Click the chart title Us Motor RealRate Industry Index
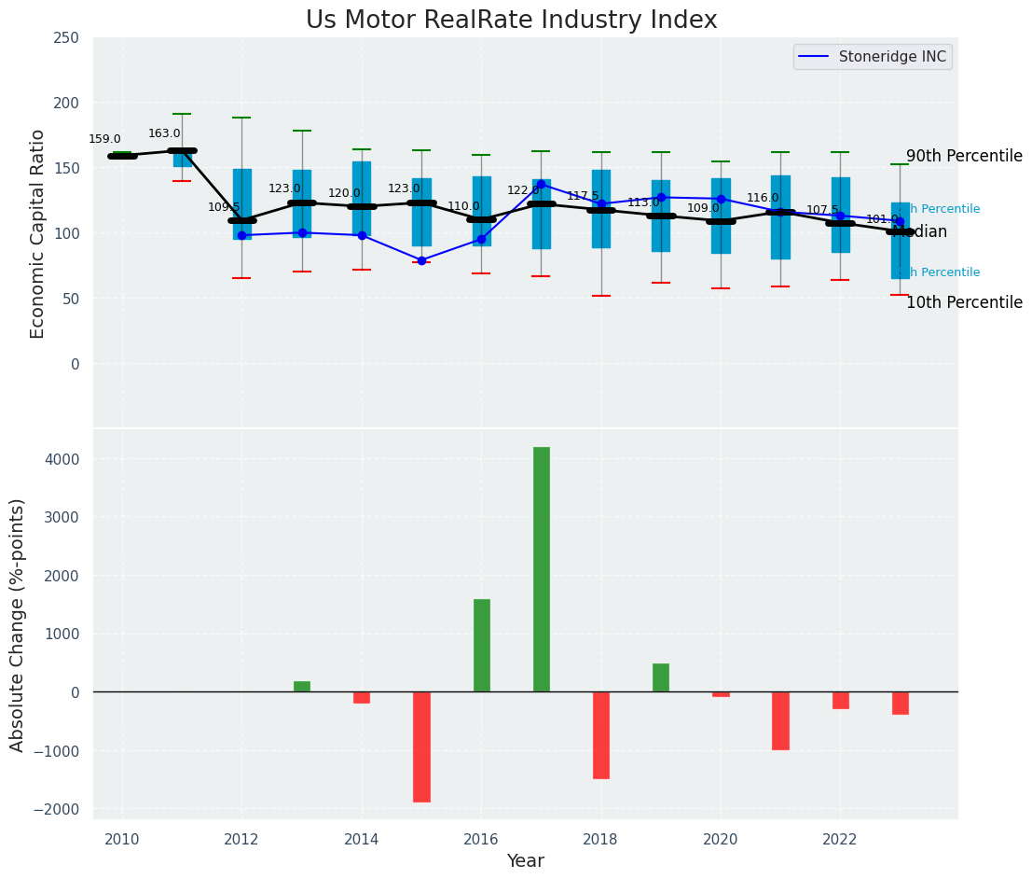pyautogui.click(x=511, y=21)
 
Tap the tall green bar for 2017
pyautogui.click(x=542, y=569)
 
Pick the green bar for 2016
pyautogui.click(x=482, y=645)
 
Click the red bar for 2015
pyautogui.click(x=421, y=746)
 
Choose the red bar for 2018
pyautogui.click(x=601, y=735)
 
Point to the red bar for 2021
pyautogui.click(x=780, y=720)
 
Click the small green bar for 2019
pyautogui.click(x=661, y=677)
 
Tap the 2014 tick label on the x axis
pyautogui.click(x=362, y=840)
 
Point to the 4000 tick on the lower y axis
pyautogui.click(x=61, y=459)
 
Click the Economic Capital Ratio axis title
pyautogui.click(x=38, y=233)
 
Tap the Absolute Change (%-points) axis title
pyautogui.click(x=18, y=624)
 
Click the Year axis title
pyautogui.click(x=525, y=861)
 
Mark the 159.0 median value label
pyautogui.click(x=104, y=139)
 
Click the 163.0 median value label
pyautogui.click(x=164, y=133)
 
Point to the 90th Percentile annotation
pyautogui.click(x=963, y=157)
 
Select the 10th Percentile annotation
pyautogui.click(x=963, y=302)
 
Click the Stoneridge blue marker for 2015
pyautogui.click(x=421, y=260)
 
